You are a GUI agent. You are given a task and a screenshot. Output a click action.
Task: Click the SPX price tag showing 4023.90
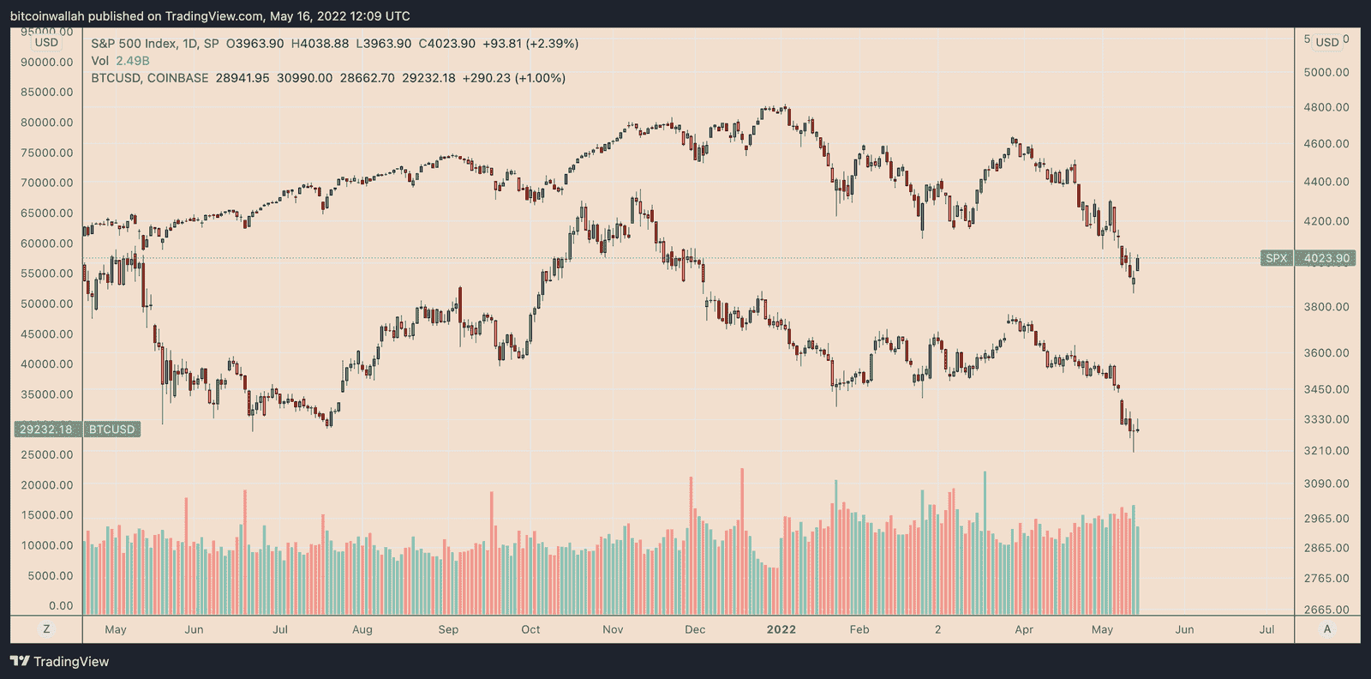(1326, 258)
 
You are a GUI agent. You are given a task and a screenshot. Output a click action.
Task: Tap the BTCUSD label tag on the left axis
(112, 430)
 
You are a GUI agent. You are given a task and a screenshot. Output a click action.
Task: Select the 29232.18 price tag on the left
(46, 430)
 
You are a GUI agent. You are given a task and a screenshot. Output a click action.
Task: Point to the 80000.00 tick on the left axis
(47, 123)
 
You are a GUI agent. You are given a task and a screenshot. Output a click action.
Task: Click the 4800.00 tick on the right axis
(1326, 107)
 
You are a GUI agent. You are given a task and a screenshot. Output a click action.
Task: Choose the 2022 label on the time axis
(781, 629)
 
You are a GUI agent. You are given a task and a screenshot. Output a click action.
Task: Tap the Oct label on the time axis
(530, 629)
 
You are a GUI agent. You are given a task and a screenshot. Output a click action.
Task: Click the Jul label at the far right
(1266, 629)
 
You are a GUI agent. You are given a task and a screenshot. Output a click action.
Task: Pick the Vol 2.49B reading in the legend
(121, 61)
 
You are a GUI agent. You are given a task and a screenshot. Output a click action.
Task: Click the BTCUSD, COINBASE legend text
(150, 78)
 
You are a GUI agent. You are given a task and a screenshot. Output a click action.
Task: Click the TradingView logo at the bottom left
(60, 661)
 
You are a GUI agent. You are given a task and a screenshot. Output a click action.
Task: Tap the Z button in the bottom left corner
(46, 629)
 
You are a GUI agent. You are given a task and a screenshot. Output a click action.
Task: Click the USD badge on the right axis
(1327, 42)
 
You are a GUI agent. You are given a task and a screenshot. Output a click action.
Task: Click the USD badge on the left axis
(46, 43)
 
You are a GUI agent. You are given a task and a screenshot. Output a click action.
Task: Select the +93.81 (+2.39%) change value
(530, 44)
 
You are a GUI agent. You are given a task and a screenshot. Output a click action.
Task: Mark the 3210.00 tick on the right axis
(1326, 450)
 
